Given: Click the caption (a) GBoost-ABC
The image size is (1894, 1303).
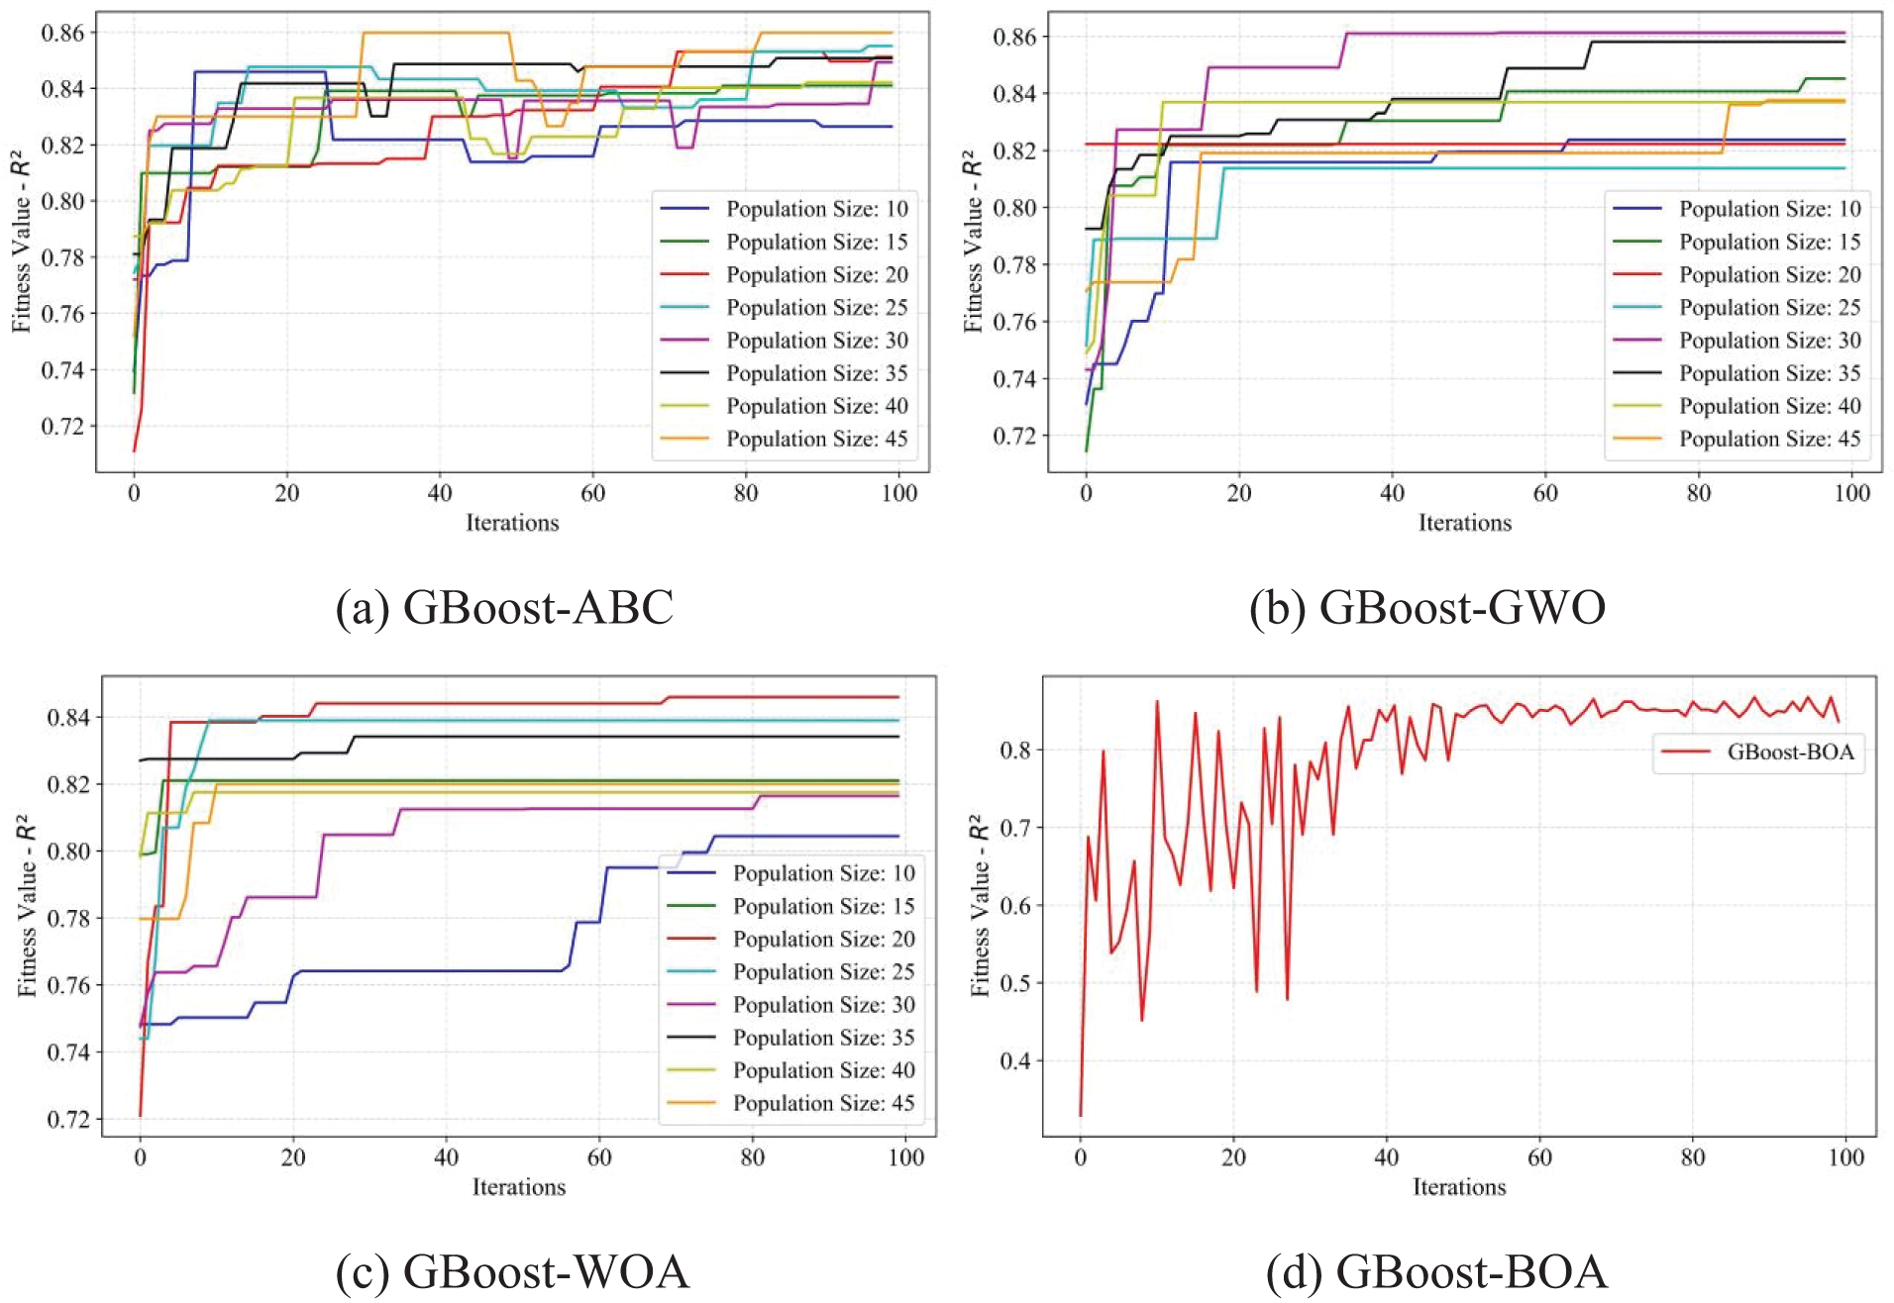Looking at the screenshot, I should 504,607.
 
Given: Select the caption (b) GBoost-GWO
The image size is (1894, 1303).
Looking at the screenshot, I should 1427,607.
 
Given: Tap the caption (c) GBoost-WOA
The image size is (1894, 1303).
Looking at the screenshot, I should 512,1271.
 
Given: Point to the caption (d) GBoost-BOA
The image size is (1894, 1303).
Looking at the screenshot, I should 1436,1271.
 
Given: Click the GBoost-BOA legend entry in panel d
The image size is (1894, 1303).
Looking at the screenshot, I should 1790,752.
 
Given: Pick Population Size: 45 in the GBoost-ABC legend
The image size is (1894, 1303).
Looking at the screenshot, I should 816,439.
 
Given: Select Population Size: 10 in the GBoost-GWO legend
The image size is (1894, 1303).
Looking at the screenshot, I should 1769,209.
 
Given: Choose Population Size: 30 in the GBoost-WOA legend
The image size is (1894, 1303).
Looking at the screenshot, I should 823,1004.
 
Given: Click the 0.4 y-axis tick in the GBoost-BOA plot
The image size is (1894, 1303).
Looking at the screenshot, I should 1015,1061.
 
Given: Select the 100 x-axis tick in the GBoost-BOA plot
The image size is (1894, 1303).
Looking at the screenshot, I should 1845,1156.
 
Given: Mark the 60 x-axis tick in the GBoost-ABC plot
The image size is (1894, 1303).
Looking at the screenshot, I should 592,493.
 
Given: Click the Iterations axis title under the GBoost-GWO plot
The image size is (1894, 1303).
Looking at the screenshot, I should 1464,523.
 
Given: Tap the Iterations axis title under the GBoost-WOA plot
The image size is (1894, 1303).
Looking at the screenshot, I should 518,1186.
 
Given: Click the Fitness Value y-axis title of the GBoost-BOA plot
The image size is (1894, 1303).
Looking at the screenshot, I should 980,905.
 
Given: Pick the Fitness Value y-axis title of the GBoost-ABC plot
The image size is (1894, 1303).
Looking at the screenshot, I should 22,242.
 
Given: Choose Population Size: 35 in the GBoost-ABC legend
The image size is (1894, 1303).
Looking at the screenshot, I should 816,373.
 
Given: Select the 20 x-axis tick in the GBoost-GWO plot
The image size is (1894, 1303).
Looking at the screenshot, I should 1239,493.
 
